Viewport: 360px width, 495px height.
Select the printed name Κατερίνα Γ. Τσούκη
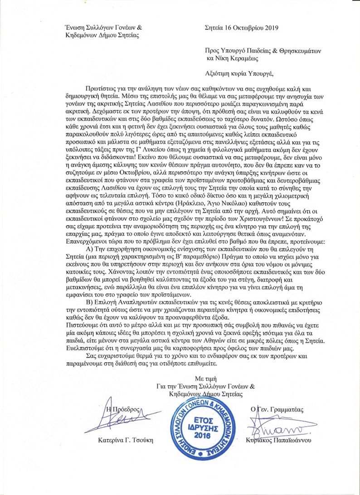[x=126, y=441]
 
